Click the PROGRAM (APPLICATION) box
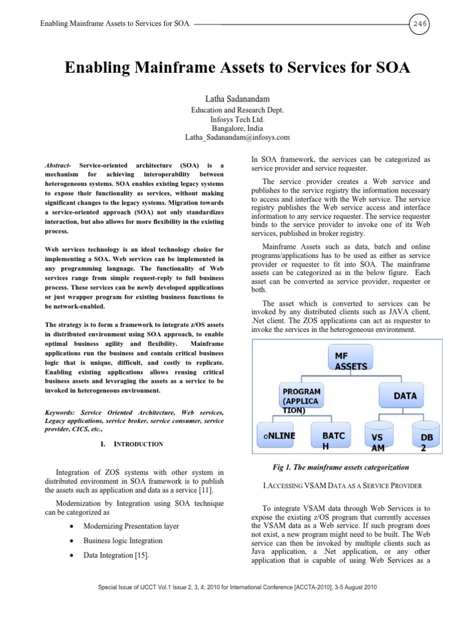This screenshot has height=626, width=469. pyautogui.click(x=301, y=400)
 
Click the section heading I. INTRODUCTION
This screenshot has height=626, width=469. pyautogui.click(x=136, y=444)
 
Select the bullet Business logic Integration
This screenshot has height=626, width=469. pyautogui.click(x=123, y=540)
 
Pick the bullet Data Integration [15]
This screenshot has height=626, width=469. pyautogui.click(x=115, y=555)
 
